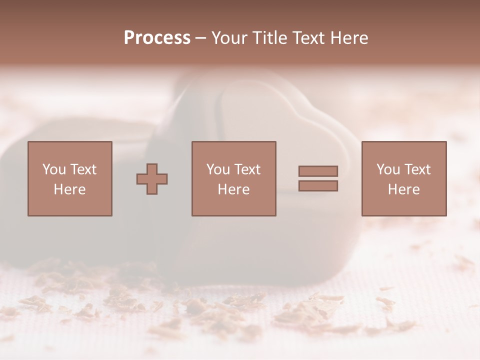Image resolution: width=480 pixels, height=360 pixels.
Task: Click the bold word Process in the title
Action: click(x=157, y=38)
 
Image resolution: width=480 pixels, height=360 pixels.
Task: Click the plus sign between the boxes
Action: click(x=152, y=179)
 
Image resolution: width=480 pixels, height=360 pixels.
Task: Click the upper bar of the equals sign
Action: click(x=318, y=171)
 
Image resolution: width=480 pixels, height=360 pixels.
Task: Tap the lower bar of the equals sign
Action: click(x=318, y=186)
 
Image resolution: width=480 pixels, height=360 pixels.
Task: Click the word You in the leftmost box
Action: click(x=54, y=169)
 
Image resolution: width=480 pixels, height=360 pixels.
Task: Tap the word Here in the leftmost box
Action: click(x=69, y=189)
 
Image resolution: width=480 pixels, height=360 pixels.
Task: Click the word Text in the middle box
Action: click(x=247, y=169)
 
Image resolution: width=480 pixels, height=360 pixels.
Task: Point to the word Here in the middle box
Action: click(x=233, y=189)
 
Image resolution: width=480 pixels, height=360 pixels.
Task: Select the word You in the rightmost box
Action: click(x=388, y=169)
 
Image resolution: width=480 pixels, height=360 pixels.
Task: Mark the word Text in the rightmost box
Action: click(x=417, y=169)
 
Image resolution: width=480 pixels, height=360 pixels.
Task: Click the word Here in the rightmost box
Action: click(x=403, y=189)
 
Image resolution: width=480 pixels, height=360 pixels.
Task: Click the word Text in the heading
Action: click(x=307, y=38)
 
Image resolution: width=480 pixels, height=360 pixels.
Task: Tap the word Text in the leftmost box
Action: click(x=83, y=169)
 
